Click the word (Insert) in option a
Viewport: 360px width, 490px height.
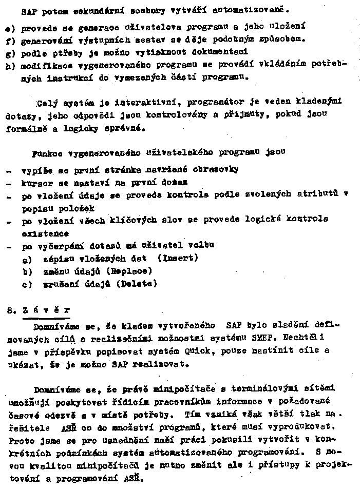(178, 258)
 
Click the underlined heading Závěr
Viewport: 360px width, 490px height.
(46, 310)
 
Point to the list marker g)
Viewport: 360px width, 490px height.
(9, 52)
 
